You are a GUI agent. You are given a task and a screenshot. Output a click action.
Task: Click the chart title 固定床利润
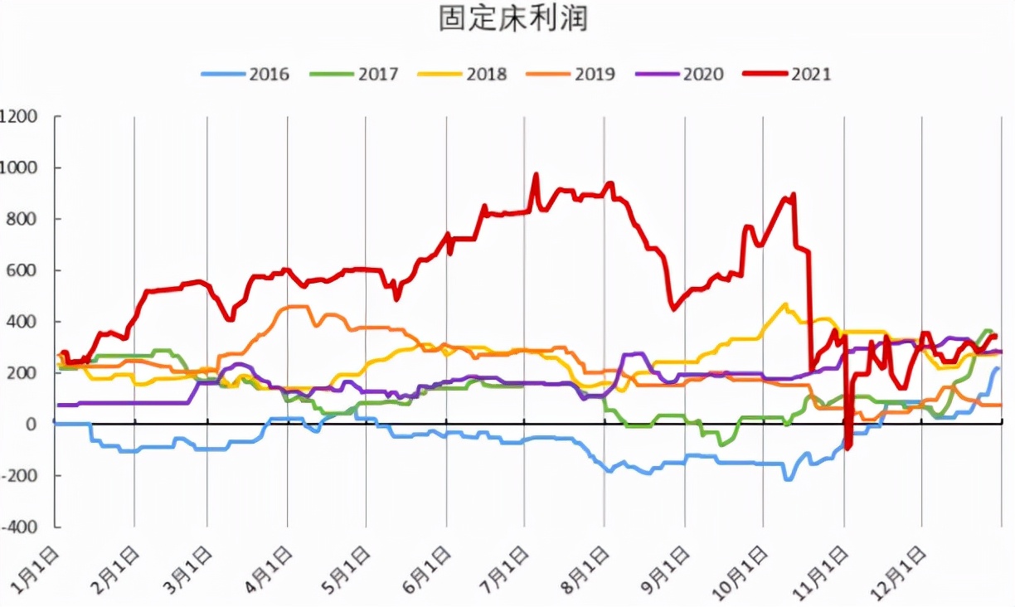click(513, 18)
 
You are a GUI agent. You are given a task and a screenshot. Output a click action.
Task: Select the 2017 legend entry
click(354, 74)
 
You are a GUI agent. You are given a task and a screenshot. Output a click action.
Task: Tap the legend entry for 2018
click(463, 74)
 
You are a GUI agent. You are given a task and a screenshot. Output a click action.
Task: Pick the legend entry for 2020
click(679, 74)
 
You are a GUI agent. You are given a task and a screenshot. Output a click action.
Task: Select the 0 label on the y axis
click(33, 424)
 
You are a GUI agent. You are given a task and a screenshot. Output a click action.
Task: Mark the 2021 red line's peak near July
click(536, 175)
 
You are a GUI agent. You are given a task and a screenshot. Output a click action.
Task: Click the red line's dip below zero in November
click(847, 448)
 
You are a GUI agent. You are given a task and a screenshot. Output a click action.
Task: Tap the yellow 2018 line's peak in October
click(784, 304)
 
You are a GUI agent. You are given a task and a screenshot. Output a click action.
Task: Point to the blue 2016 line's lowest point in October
click(788, 479)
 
